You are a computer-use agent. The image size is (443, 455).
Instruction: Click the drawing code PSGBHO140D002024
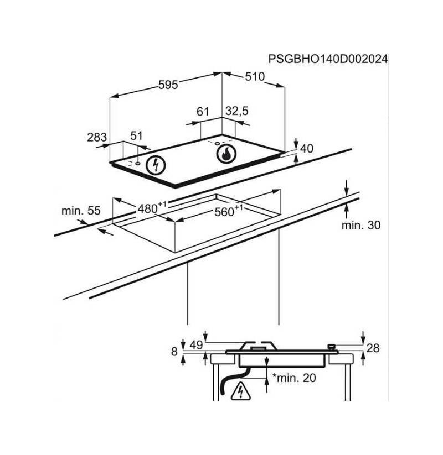pyautogui.click(x=328, y=59)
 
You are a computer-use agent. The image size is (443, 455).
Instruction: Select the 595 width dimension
pyautogui.click(x=168, y=85)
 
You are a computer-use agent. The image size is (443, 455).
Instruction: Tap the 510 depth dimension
pyautogui.click(x=255, y=77)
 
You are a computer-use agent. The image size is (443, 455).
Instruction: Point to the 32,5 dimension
pyautogui.click(x=237, y=111)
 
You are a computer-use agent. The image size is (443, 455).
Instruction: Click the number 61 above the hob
pyautogui.click(x=203, y=112)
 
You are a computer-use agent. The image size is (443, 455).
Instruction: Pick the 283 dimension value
pyautogui.click(x=97, y=137)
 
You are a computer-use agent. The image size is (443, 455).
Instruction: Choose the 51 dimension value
pyautogui.click(x=136, y=136)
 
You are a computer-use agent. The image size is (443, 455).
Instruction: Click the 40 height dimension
pyautogui.click(x=307, y=149)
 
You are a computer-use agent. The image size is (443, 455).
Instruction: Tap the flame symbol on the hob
pyautogui.click(x=226, y=154)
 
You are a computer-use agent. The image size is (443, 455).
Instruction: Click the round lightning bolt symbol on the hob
pyautogui.click(x=156, y=165)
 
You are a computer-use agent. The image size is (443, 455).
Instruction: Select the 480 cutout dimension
pyautogui.click(x=152, y=207)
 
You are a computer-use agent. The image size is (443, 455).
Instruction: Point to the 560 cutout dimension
pyautogui.click(x=229, y=211)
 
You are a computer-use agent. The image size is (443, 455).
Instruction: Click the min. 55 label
pyautogui.click(x=81, y=211)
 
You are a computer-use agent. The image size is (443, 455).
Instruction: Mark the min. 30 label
pyautogui.click(x=360, y=225)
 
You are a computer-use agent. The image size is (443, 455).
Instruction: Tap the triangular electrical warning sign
pyautogui.click(x=240, y=392)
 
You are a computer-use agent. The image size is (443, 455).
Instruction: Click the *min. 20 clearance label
pyautogui.click(x=294, y=378)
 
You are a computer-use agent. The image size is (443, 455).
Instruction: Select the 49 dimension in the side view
pyautogui.click(x=196, y=345)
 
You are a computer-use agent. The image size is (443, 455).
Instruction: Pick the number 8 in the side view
pyautogui.click(x=174, y=352)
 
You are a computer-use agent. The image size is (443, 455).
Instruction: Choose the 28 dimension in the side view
pyautogui.click(x=373, y=348)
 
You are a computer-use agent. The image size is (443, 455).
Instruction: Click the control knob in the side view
pyautogui.click(x=331, y=347)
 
